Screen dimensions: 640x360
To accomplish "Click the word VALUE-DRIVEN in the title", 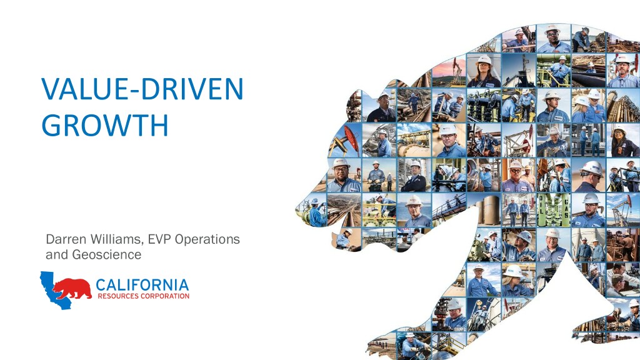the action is [142, 89].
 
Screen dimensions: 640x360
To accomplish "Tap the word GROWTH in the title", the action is [105, 125].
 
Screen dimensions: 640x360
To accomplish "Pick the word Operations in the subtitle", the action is [207, 239].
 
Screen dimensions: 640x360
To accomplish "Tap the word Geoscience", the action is [107, 254].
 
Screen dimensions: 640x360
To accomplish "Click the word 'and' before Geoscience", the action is [57, 254].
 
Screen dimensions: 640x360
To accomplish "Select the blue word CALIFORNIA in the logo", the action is [142, 285].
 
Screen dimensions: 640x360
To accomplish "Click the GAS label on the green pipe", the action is [566, 206].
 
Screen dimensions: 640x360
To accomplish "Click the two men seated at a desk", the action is [623, 279].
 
